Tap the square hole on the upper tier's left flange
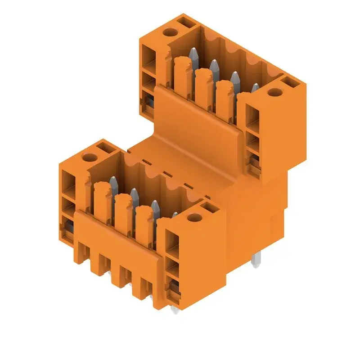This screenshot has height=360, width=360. click(x=184, y=20)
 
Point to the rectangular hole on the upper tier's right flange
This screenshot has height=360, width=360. click(x=288, y=82)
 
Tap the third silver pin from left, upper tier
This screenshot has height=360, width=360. click(x=234, y=78)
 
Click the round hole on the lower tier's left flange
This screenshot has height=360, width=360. click(x=90, y=158)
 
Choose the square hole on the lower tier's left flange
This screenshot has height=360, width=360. click(x=104, y=146)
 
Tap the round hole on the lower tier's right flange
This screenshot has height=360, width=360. click(x=194, y=218)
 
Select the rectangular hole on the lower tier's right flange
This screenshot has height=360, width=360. click(x=209, y=207)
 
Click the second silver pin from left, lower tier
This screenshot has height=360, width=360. click(x=134, y=194)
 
